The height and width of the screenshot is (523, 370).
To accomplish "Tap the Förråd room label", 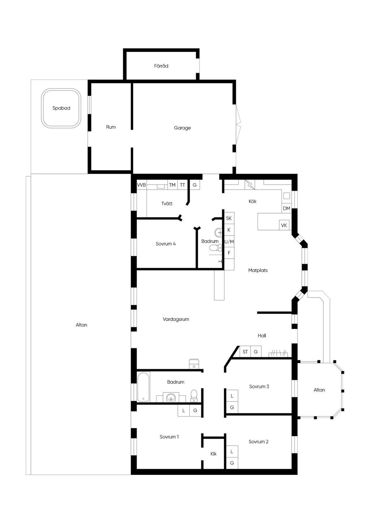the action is click(x=161, y=66).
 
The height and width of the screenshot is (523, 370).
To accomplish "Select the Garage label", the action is click(x=182, y=128).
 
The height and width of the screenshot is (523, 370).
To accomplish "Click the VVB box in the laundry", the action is click(x=141, y=185).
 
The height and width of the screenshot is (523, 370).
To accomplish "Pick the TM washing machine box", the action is click(x=172, y=185).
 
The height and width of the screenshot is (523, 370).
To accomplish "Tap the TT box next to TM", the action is click(x=182, y=185).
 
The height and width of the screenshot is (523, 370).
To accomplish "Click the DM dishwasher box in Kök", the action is click(x=287, y=208).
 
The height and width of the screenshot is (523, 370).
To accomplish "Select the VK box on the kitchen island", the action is click(x=284, y=225).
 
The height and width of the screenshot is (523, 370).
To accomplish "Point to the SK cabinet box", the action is click(x=229, y=218).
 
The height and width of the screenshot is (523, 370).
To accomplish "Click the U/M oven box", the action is click(x=229, y=242).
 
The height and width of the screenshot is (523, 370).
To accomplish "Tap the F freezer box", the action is click(x=229, y=253).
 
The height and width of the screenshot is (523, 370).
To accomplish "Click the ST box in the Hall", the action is click(x=245, y=352).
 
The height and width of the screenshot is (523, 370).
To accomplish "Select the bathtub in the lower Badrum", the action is click(x=143, y=387).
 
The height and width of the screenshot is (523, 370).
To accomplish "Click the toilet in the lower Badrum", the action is click(x=194, y=396).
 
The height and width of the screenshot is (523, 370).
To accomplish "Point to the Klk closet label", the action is click(x=214, y=454).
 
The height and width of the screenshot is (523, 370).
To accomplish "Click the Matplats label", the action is click(x=258, y=271).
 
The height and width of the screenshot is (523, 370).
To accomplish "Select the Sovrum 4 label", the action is click(x=165, y=244).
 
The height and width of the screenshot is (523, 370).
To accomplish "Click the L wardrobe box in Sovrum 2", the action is click(x=232, y=451).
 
